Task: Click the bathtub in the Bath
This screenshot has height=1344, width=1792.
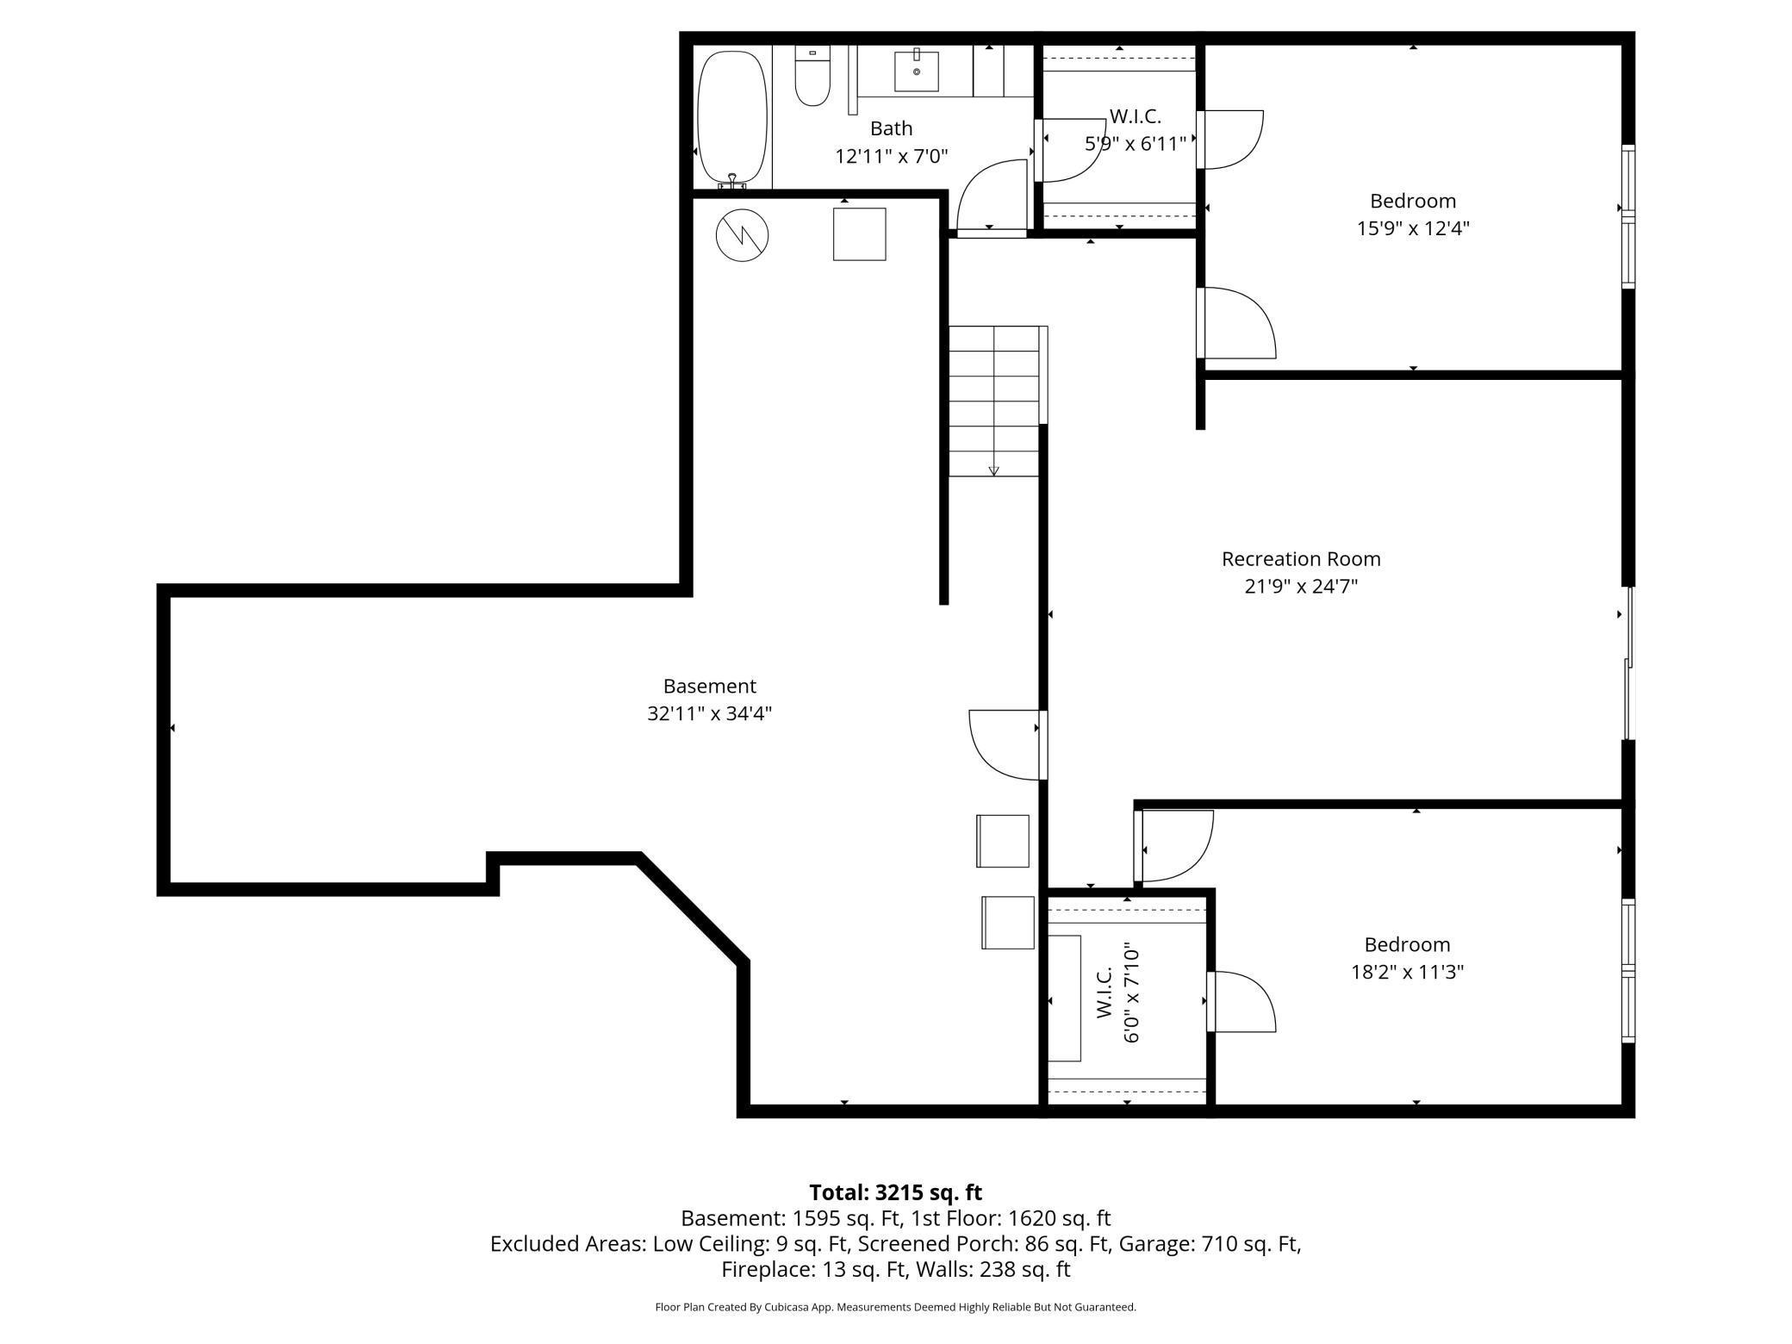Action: point(731,118)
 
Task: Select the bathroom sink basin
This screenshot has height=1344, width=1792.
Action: point(916,71)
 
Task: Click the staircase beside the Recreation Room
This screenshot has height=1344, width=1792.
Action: point(994,401)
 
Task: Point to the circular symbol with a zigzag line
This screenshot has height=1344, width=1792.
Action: point(742,235)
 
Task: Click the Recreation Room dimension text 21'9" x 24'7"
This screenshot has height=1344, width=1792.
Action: point(1301,587)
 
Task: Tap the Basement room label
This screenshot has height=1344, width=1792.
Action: point(709,687)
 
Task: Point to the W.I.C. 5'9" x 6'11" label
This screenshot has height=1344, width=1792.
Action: point(1135,130)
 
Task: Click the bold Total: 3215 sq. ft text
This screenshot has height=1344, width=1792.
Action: point(895,1192)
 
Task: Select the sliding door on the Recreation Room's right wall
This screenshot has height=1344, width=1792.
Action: point(1627,663)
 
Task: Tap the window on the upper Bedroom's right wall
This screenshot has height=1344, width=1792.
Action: point(1627,217)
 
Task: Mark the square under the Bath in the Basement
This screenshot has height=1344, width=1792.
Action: point(859,233)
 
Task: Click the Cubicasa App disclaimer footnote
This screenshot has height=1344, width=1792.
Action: point(895,1307)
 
